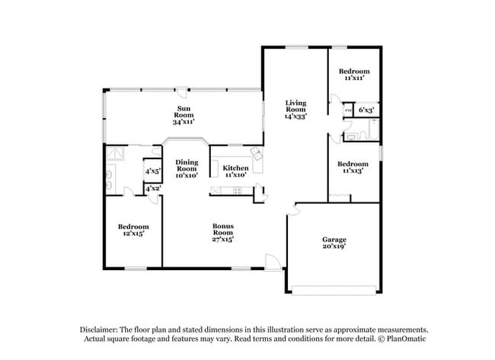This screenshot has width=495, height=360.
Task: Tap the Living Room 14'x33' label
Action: (x=295, y=110)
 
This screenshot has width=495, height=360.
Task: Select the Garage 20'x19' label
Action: (x=334, y=243)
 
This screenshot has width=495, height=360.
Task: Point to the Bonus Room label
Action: (x=223, y=233)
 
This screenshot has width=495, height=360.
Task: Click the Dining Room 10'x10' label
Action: (x=187, y=168)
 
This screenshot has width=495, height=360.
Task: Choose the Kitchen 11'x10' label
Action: (x=235, y=171)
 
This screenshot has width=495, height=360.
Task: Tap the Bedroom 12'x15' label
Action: (x=133, y=230)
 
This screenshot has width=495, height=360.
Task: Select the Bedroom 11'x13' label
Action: (x=353, y=168)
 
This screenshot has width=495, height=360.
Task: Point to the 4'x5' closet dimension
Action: (x=152, y=171)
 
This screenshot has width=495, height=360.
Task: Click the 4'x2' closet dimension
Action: (x=152, y=188)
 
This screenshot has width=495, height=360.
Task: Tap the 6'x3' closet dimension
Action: (x=366, y=111)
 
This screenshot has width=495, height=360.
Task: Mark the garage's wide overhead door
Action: (x=334, y=290)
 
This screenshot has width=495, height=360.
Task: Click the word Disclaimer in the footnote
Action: (x=104, y=329)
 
